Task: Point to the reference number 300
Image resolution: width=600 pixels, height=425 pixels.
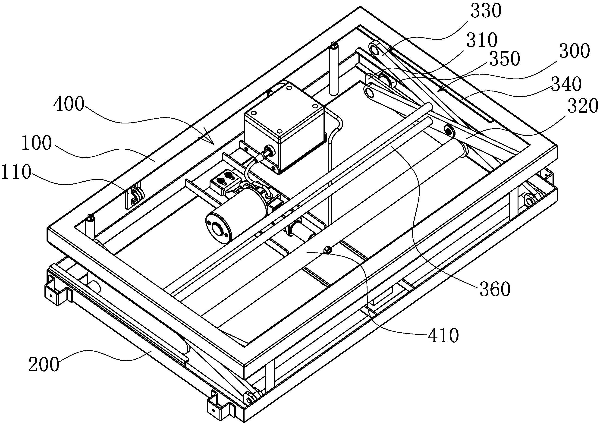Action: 574,51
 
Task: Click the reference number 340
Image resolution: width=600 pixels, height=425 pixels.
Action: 566,84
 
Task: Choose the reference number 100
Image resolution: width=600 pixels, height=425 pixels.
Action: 36,143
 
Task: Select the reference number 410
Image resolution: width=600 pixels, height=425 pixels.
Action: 443,335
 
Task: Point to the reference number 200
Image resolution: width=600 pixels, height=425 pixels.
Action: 44,365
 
